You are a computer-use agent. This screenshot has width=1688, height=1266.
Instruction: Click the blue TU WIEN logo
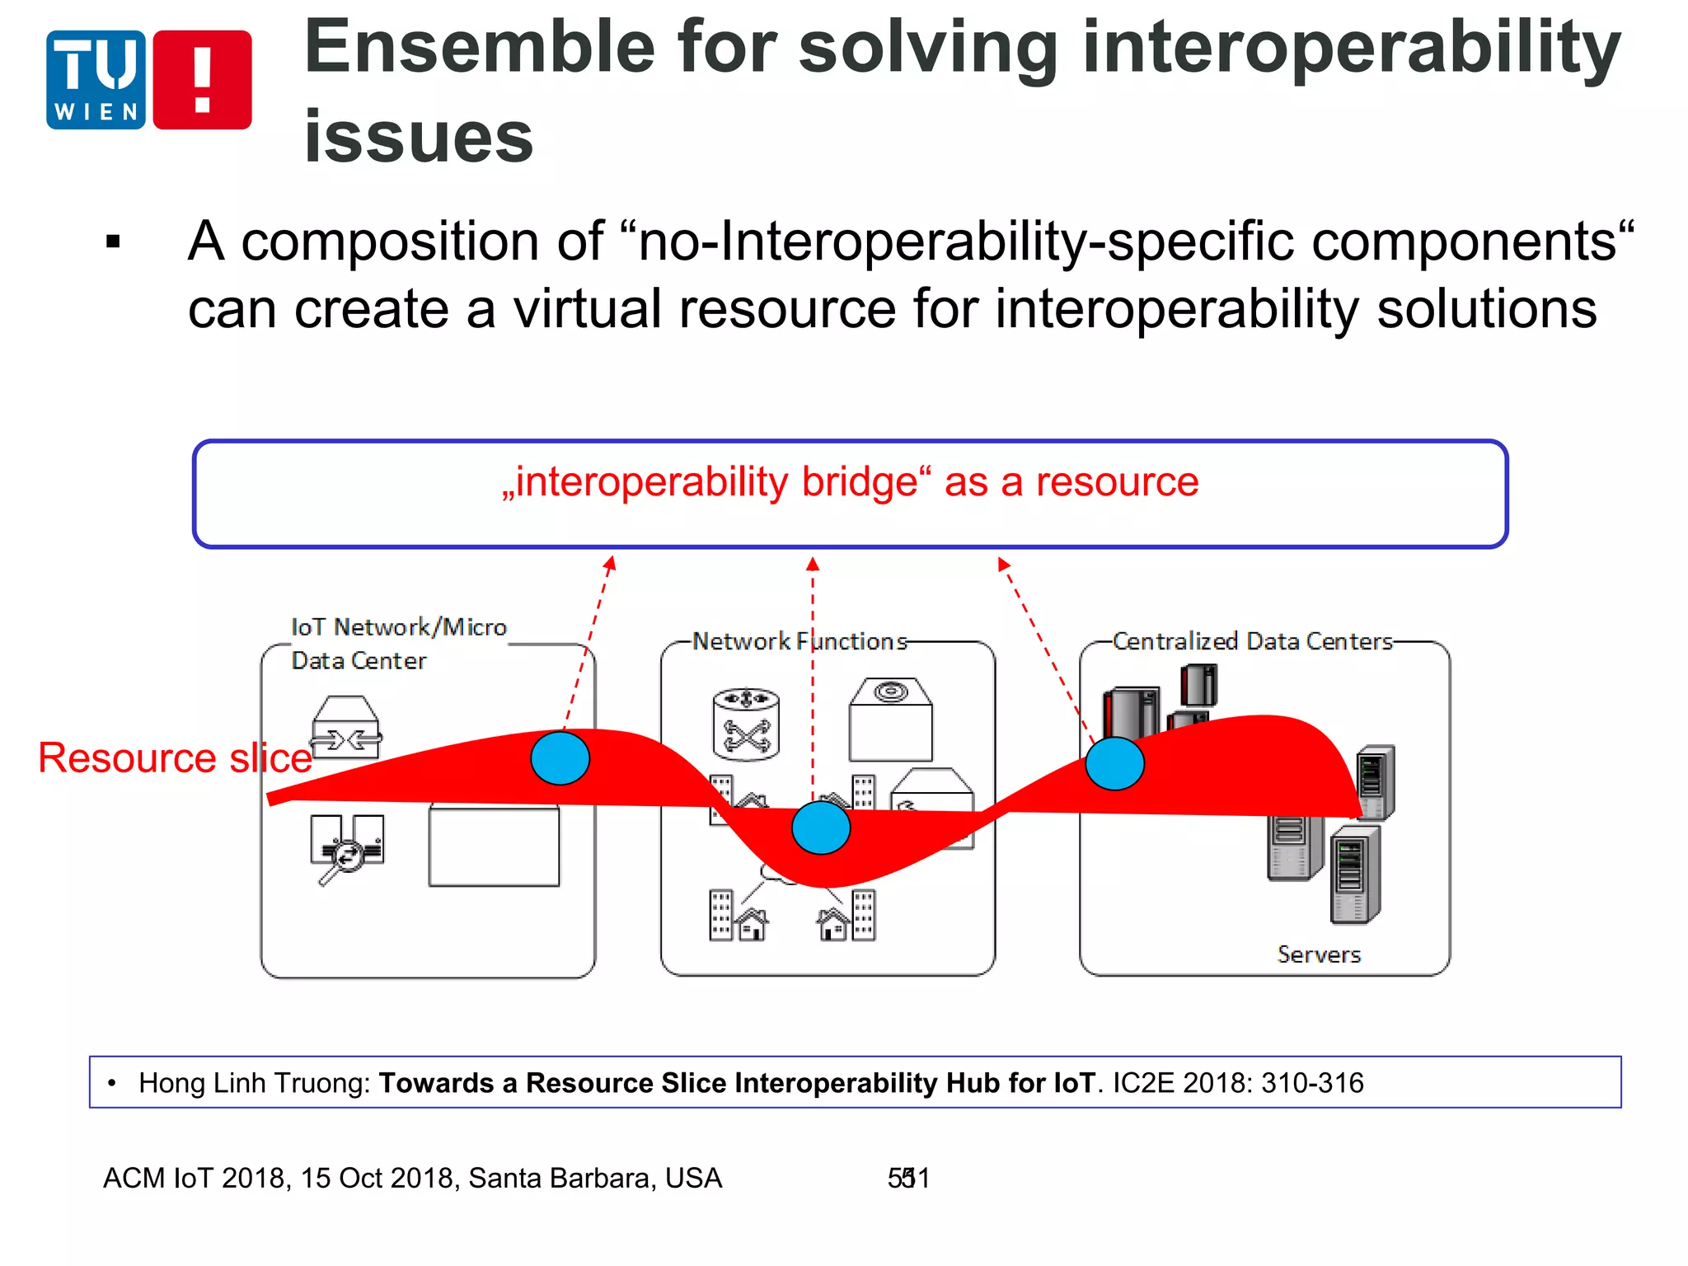click(96, 80)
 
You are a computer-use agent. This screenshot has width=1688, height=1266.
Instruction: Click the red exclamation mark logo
click(203, 80)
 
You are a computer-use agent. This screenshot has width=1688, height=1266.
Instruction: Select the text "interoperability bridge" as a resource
click(851, 482)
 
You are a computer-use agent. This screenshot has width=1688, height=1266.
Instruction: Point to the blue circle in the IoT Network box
click(560, 758)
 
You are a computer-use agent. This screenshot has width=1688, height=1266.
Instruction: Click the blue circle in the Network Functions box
click(821, 828)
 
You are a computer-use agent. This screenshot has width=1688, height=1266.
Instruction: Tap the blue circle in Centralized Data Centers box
click(1114, 763)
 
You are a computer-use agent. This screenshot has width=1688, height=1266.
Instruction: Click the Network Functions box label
click(799, 641)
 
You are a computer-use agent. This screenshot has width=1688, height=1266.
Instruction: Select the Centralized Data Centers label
click(1252, 641)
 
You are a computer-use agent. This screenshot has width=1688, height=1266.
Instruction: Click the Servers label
click(1319, 954)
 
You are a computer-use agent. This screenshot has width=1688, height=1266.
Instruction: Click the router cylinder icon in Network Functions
click(746, 724)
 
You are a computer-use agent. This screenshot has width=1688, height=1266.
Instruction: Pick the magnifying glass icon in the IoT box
click(343, 859)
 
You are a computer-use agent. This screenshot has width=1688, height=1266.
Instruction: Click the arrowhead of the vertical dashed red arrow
click(813, 564)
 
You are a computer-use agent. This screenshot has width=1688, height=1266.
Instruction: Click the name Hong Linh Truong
click(255, 1083)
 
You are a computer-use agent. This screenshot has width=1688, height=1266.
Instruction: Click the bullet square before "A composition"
click(114, 242)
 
